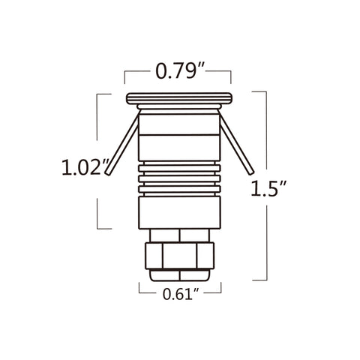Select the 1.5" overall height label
coord(271,188)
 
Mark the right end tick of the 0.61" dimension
coord(221,289)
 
